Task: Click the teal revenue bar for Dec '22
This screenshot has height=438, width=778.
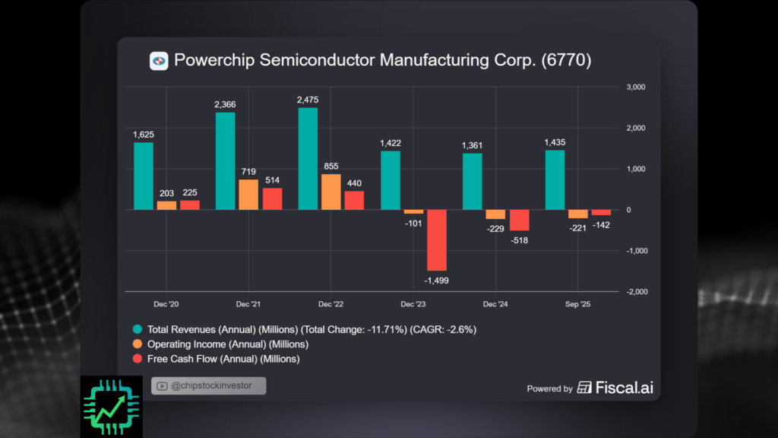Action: (308, 158)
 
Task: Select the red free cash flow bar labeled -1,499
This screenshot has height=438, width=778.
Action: (437, 240)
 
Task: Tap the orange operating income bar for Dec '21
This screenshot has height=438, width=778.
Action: (248, 194)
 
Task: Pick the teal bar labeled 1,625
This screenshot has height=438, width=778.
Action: (144, 176)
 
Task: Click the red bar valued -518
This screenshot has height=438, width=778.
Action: (519, 220)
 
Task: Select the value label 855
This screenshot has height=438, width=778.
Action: (330, 167)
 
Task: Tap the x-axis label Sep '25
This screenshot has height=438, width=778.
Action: (577, 304)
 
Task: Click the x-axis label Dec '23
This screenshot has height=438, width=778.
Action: (413, 304)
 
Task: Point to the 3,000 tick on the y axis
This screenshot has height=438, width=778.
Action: (635, 87)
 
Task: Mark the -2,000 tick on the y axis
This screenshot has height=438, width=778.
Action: (634, 292)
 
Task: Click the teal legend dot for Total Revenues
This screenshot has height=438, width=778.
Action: (137, 329)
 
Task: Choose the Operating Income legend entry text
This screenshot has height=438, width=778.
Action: (217, 344)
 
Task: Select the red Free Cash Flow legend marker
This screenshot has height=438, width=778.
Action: (137, 359)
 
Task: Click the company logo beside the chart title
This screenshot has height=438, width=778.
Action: (159, 61)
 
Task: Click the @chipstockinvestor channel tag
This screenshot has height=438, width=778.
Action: (209, 386)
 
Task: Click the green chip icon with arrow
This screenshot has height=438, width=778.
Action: (111, 406)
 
